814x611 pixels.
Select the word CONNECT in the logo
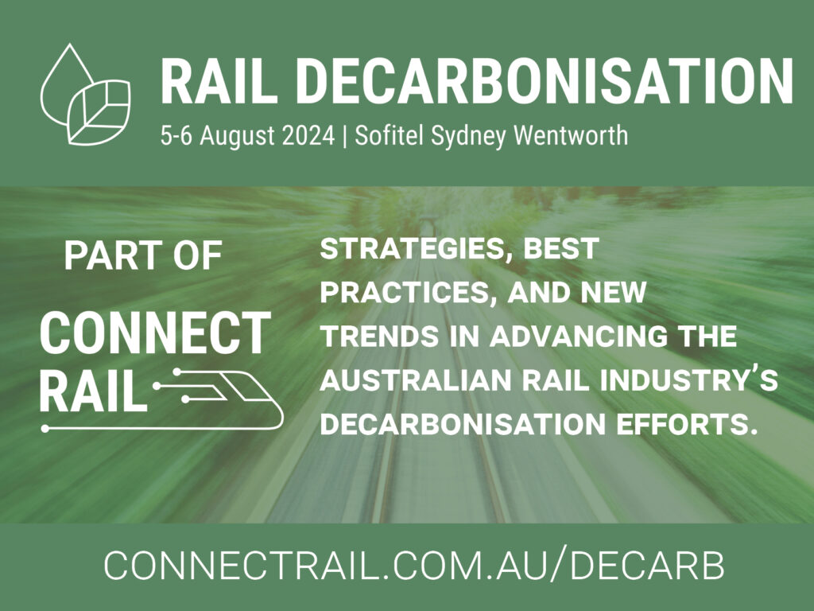(x=155, y=333)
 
